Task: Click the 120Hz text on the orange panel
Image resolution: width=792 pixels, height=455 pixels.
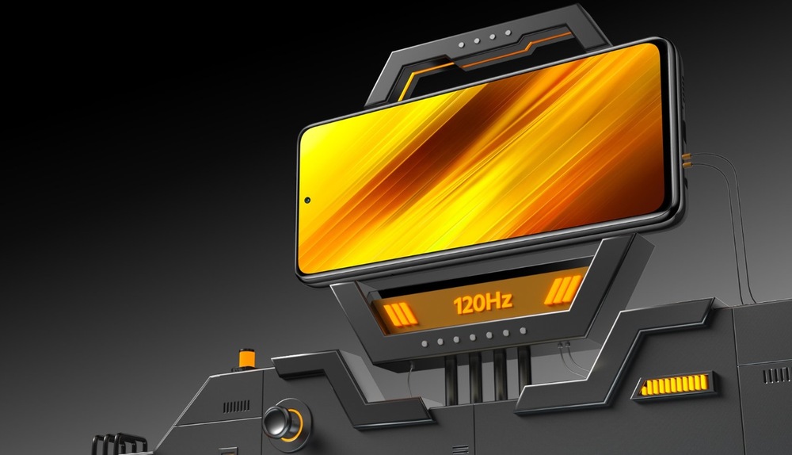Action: (x=482, y=301)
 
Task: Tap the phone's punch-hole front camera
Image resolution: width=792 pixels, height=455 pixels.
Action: (x=307, y=198)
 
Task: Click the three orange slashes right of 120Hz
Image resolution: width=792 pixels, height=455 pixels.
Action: (x=563, y=291)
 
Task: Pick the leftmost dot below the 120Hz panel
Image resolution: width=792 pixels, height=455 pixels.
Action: (x=425, y=342)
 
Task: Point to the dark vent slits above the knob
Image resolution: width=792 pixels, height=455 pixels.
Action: (x=236, y=407)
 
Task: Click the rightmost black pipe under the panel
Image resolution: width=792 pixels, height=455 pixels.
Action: (x=524, y=365)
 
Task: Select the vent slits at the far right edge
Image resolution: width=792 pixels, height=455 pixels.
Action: (x=776, y=373)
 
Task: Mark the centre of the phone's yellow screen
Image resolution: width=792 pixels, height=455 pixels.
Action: (x=481, y=158)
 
